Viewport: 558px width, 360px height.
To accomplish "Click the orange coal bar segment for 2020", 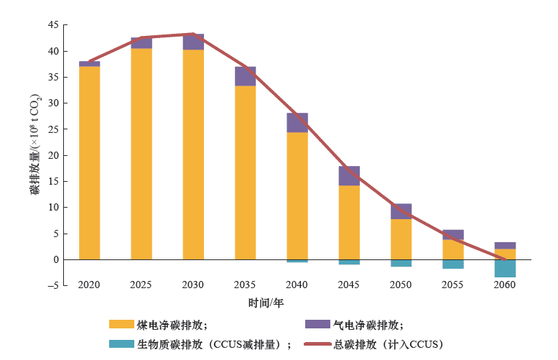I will click(89, 162).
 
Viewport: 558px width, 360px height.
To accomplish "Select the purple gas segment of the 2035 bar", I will click(245, 76).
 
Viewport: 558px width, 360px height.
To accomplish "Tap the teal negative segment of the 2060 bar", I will click(505, 268).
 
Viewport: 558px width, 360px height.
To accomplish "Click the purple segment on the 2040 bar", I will click(297, 123).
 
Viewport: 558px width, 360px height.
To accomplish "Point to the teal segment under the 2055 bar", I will click(453, 264).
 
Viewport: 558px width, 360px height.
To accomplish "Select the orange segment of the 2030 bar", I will click(193, 154).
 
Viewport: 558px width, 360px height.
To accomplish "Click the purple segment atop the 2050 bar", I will click(401, 211).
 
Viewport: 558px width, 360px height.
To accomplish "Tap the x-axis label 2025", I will click(141, 285).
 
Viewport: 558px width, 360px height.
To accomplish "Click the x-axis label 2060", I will click(505, 285).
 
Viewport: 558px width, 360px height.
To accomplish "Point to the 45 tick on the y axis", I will click(53, 25).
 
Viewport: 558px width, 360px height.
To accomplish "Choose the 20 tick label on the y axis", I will click(53, 155).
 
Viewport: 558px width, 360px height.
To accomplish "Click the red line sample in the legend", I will click(317, 344).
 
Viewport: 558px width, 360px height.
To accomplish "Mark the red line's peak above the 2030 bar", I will click(193, 34).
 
